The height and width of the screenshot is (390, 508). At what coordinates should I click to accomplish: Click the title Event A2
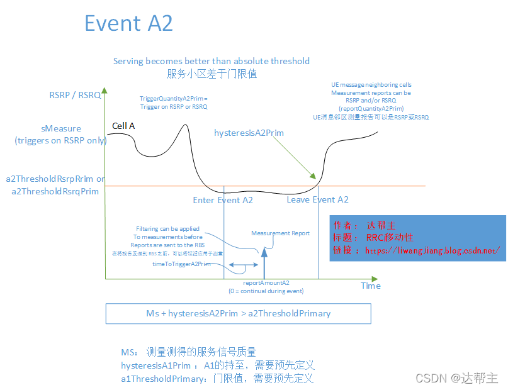click(128, 23)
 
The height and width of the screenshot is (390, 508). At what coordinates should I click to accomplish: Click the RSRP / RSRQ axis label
click(75, 95)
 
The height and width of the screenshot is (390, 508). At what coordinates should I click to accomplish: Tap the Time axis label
click(371, 286)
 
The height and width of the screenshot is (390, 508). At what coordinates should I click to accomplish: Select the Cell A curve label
click(123, 126)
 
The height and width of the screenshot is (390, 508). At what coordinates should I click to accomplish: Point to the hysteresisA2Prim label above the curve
click(249, 133)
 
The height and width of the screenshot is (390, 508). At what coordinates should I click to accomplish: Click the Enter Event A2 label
click(223, 200)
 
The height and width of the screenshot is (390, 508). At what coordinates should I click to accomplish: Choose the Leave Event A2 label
click(317, 199)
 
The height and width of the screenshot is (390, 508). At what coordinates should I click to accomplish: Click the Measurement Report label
click(280, 233)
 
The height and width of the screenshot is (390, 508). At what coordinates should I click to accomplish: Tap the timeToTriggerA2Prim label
click(181, 264)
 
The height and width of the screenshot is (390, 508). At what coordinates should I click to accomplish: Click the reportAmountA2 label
click(266, 283)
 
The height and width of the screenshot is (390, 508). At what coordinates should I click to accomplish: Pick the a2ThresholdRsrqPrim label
click(55, 191)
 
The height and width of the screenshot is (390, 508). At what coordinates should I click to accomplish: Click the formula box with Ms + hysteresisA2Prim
click(238, 313)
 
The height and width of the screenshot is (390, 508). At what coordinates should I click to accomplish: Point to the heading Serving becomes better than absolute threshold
click(212, 61)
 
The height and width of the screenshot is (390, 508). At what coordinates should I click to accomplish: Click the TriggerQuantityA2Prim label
click(173, 99)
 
